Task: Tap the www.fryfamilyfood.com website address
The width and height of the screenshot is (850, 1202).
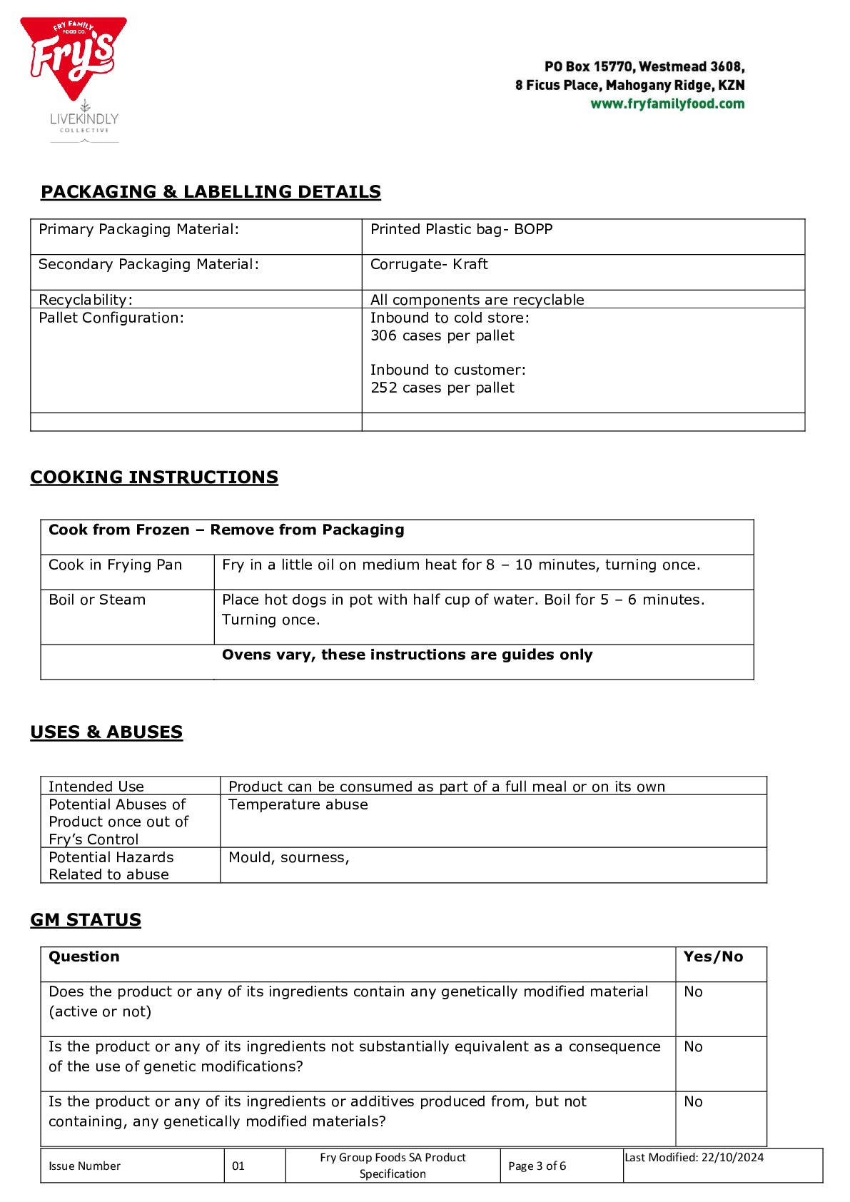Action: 667,104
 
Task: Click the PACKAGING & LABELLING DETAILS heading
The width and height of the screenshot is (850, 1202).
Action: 211,192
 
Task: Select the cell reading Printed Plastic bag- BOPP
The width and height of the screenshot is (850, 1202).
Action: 461,230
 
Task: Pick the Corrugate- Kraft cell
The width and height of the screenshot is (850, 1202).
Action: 429,265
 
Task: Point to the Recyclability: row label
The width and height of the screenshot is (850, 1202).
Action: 86,300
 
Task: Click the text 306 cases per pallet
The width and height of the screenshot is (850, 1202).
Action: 442,336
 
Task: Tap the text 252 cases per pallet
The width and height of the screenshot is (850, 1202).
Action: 442,388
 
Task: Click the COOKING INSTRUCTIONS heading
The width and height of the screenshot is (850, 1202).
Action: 154,478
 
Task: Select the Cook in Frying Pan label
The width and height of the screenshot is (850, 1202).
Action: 115,565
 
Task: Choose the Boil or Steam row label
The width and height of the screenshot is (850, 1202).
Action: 97,600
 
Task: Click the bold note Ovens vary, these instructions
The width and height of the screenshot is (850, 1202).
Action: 407,655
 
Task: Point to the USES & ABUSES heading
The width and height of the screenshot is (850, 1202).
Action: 106,732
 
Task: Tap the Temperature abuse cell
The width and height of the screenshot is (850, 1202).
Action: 298,805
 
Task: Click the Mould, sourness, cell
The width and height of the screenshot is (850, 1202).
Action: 289,858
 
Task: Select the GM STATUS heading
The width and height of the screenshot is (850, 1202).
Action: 86,920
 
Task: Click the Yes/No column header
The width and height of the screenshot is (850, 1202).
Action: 713,957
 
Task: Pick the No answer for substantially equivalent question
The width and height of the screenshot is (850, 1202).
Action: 693,1047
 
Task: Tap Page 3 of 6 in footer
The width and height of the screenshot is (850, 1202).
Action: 537,1166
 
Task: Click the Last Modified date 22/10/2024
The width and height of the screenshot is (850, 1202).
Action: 694,1158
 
